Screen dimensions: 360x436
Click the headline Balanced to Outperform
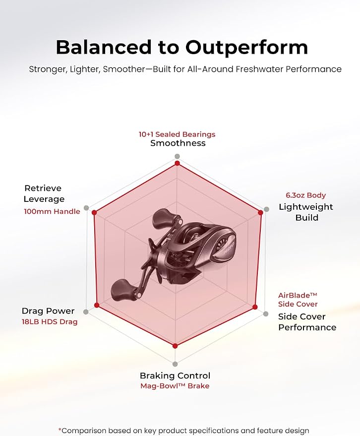click(x=182, y=47)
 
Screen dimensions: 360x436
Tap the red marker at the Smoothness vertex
click(x=177, y=163)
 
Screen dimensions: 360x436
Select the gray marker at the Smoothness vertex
click(x=177, y=156)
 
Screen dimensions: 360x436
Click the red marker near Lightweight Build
click(x=260, y=213)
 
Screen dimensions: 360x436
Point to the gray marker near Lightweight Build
click(x=266, y=209)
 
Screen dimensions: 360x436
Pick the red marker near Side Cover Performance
click(x=255, y=307)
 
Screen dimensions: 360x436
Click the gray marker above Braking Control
click(x=175, y=364)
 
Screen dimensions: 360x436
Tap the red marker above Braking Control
click(x=175, y=346)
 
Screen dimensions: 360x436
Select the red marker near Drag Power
click(x=97, y=305)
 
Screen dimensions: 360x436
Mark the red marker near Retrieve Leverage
click(x=94, y=213)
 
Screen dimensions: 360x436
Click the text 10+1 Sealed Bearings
click(x=177, y=134)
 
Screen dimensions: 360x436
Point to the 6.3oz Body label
click(x=306, y=195)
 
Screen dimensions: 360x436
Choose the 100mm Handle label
click(x=52, y=211)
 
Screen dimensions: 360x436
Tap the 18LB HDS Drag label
click(x=50, y=322)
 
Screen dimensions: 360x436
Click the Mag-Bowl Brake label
click(x=175, y=386)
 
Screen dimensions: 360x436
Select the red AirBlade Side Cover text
click(x=298, y=300)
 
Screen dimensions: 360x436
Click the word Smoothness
click(x=178, y=143)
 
